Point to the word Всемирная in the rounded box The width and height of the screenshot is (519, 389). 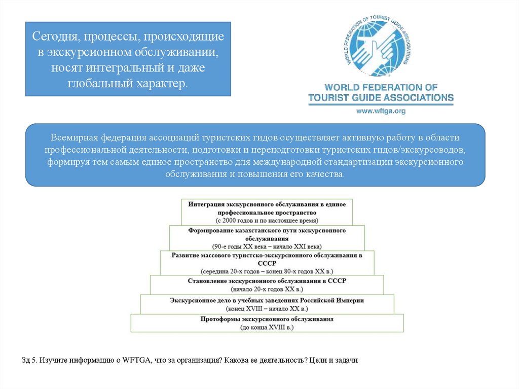tap(71, 138)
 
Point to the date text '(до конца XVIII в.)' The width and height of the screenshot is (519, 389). tap(267, 328)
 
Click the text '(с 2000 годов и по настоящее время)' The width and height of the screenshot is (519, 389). tap(267, 221)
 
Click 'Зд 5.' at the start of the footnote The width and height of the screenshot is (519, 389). tap(29, 360)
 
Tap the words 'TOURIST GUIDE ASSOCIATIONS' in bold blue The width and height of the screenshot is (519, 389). tap(381, 97)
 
